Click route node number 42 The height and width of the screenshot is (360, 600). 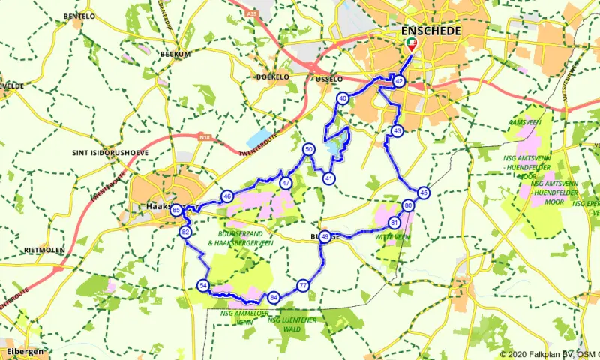click(x=400, y=81)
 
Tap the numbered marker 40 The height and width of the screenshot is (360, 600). click(x=343, y=98)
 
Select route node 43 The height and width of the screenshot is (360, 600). click(x=397, y=131)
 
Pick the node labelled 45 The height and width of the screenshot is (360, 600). click(x=424, y=193)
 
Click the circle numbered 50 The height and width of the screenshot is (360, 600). click(x=308, y=150)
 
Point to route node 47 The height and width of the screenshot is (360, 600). click(x=286, y=183)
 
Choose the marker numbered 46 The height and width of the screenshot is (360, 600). click(x=227, y=196)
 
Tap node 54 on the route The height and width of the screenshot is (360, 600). click(x=203, y=285)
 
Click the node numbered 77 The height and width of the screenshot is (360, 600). click(x=303, y=285)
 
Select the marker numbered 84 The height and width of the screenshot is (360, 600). click(x=274, y=297)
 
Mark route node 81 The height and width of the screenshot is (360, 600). click(x=394, y=223)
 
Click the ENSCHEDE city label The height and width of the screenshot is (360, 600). click(x=431, y=31)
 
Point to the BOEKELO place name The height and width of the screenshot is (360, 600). click(x=273, y=76)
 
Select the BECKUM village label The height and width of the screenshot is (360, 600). click(x=177, y=55)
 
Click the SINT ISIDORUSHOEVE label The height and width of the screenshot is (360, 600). click(x=109, y=152)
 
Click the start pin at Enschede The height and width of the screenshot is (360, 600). click(x=412, y=44)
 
